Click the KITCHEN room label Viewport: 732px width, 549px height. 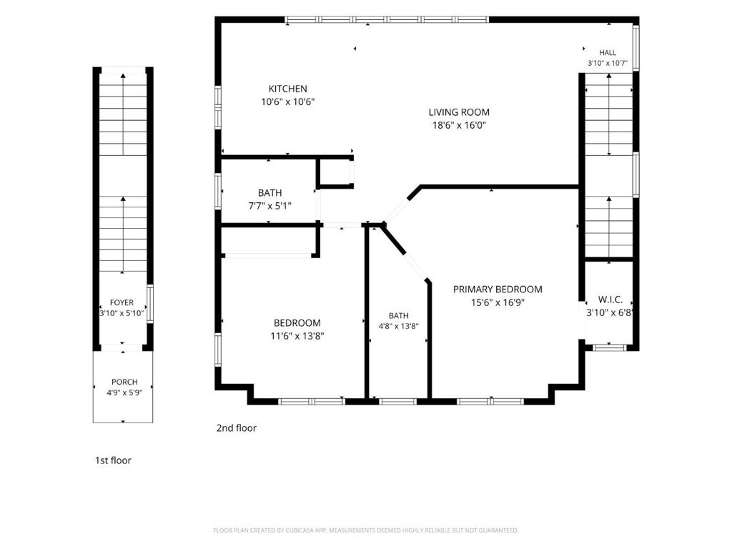point(287,89)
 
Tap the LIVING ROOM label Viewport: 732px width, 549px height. point(459,112)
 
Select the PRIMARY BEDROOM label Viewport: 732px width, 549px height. point(498,290)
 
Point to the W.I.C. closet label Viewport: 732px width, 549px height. point(610,300)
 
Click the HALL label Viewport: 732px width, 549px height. point(608,53)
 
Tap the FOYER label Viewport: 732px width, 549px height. point(122,302)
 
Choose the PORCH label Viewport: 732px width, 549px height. point(124,382)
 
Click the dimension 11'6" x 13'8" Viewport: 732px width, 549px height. point(297,336)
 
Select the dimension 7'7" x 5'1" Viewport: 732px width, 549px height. point(269,206)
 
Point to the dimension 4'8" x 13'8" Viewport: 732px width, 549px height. point(398,326)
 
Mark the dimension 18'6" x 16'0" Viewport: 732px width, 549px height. point(459,125)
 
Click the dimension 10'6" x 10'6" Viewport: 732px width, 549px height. point(287,102)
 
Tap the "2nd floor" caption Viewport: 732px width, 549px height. point(236,428)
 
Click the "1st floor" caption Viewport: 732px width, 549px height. point(113,460)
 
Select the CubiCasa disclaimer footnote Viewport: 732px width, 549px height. point(365,530)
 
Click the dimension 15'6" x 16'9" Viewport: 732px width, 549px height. point(498,302)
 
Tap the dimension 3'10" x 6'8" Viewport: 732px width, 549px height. point(610,313)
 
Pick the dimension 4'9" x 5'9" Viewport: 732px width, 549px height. point(124,392)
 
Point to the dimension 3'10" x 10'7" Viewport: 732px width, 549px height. point(608,63)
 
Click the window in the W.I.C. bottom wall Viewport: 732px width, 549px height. point(609,347)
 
